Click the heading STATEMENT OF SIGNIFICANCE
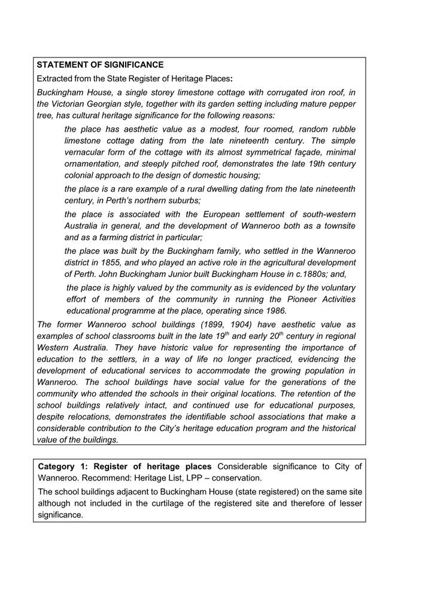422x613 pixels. click(x=100, y=65)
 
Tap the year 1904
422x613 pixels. click(x=226, y=324)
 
